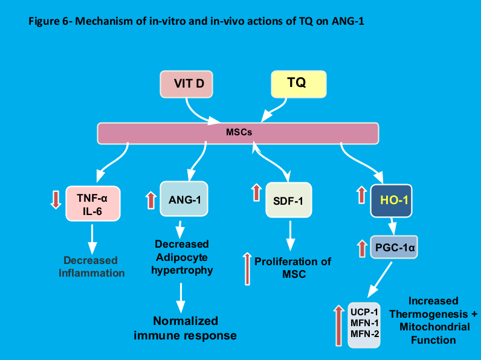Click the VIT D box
187,85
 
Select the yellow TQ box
299,84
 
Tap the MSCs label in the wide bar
239,132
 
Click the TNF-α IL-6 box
93,204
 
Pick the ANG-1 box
184,199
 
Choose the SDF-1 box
289,200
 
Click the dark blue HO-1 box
391,201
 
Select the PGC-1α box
394,247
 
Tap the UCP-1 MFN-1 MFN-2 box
364,325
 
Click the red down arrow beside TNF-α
56,199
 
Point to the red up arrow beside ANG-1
150,201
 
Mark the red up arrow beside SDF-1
256,193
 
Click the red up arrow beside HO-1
361,194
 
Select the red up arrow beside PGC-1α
363,248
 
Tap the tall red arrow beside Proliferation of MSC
247,269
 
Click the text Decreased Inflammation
91,266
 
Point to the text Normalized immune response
185,328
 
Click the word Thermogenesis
428,314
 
